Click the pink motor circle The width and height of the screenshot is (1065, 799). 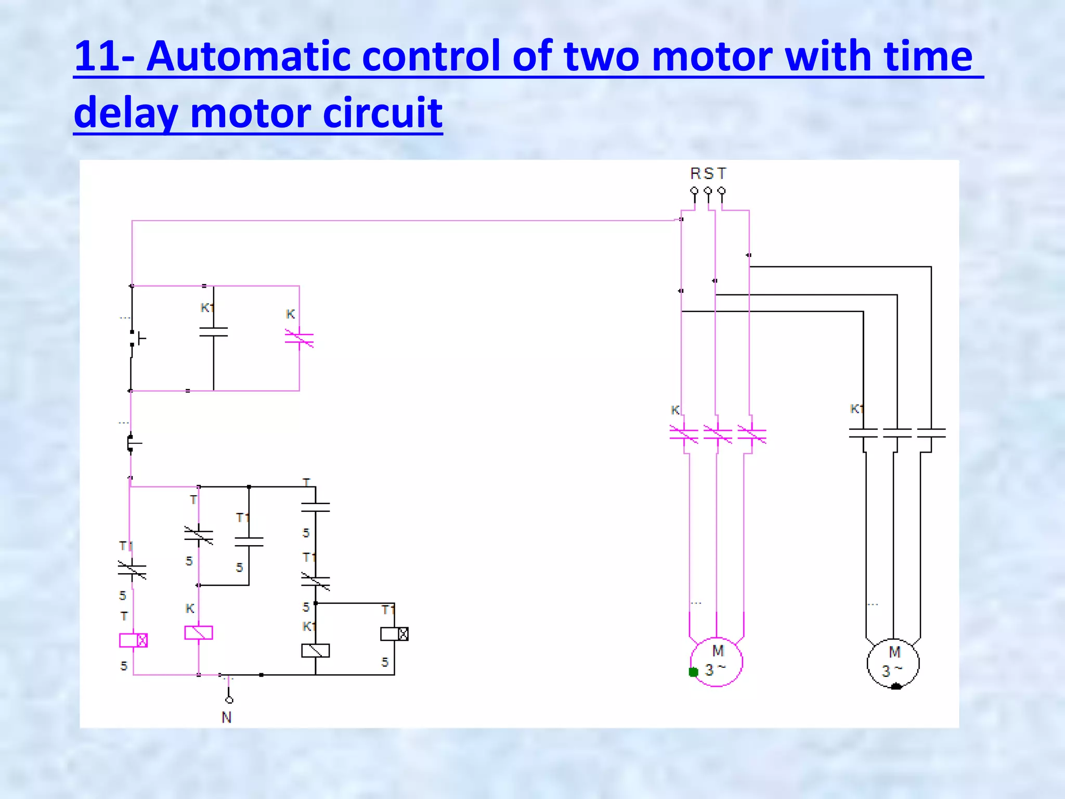click(717, 662)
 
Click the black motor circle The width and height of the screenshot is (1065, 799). click(893, 663)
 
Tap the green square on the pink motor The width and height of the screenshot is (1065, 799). click(693, 672)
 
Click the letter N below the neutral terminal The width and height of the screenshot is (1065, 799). click(226, 717)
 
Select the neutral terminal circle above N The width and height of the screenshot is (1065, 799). click(229, 700)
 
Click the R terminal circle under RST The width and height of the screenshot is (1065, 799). click(694, 190)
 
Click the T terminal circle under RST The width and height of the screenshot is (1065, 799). click(721, 190)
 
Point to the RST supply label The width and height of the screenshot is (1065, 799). click(708, 173)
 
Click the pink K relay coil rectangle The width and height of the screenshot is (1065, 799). click(199, 633)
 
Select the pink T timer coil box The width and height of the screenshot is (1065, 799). click(133, 640)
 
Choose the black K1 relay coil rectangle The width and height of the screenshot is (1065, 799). click(315, 650)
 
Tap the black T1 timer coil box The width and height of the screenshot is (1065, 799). click(394, 634)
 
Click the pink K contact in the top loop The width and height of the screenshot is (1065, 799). click(299, 339)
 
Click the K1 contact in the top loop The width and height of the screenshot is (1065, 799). click(213, 332)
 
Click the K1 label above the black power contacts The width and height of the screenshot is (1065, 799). click(856, 409)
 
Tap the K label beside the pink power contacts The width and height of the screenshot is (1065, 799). click(675, 410)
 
